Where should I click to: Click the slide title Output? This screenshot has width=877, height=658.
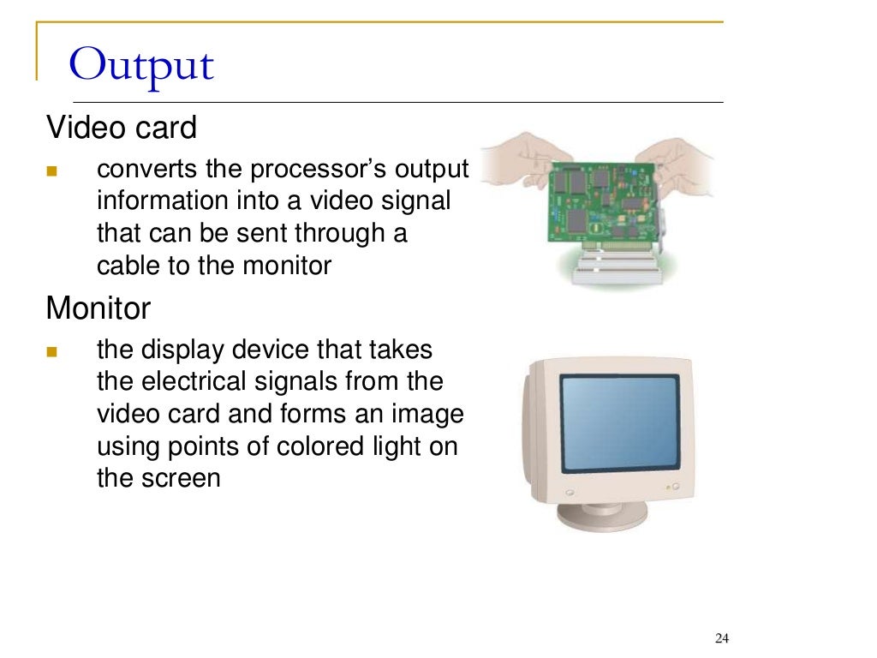141,66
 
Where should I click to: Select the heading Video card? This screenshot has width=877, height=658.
121,129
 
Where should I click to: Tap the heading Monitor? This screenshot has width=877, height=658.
98,308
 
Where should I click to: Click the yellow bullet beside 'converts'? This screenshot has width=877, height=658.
51,170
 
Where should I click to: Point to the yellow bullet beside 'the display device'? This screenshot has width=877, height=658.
51,351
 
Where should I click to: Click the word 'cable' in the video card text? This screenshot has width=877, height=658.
128,266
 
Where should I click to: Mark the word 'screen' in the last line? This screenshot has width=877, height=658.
183,477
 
